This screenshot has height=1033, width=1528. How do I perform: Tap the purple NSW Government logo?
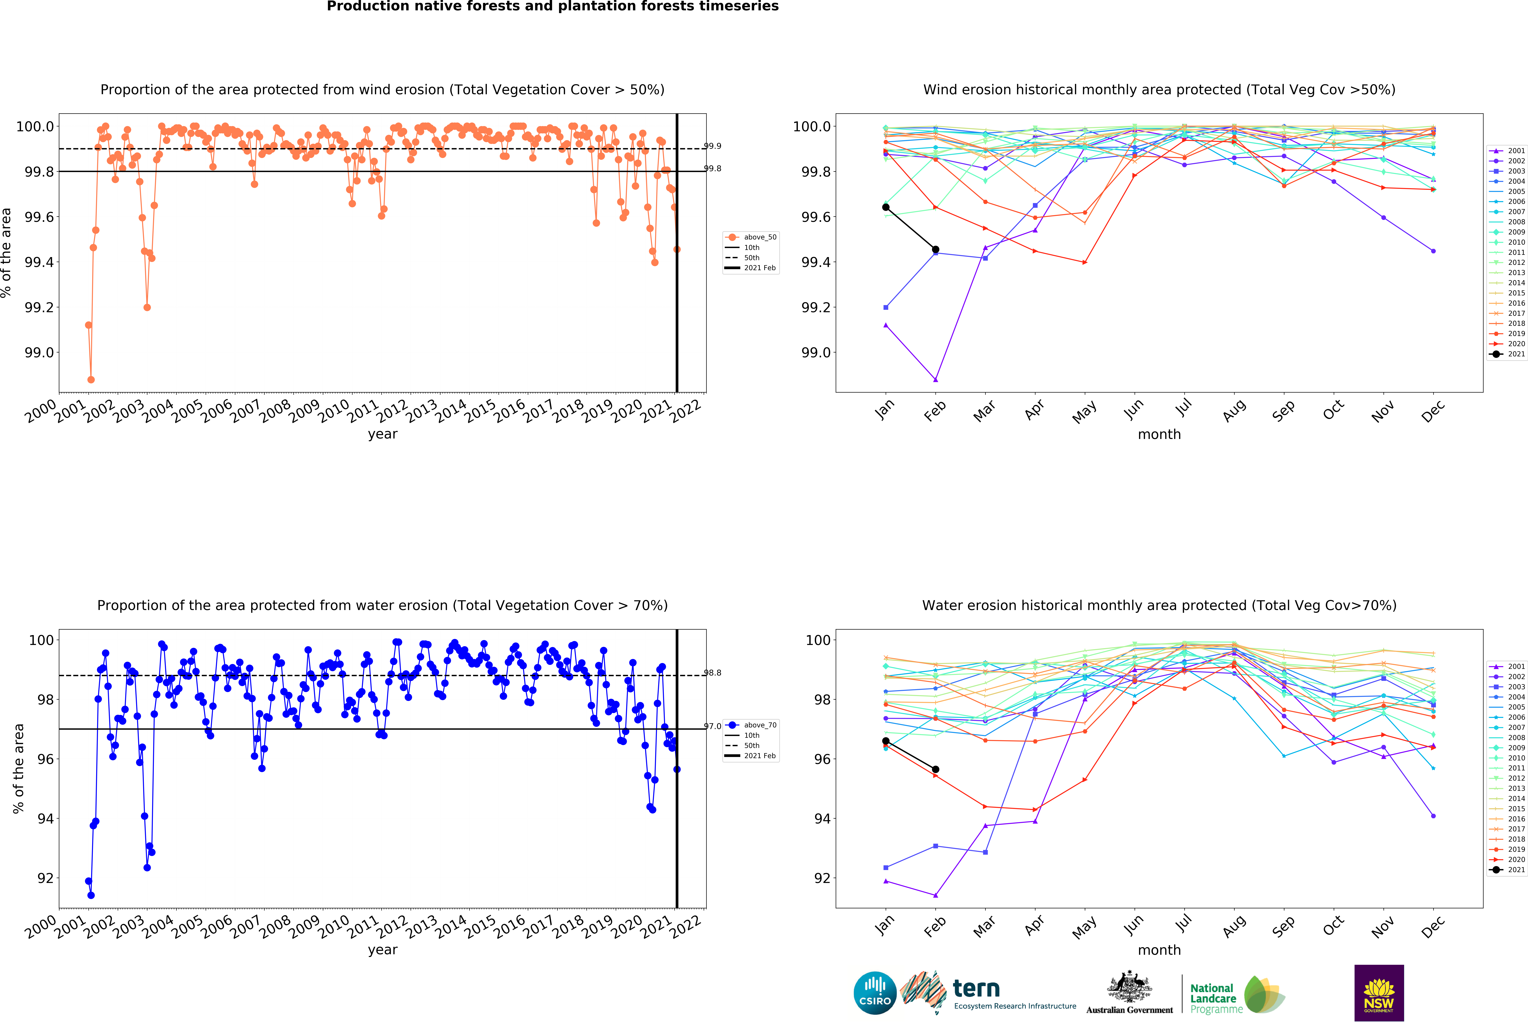1379,993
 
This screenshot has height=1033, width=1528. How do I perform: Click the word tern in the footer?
976,988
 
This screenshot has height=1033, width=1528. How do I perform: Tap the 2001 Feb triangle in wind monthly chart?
936,380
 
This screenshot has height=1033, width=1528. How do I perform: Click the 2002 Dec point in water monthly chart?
1433,816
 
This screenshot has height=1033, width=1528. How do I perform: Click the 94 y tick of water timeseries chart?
45,819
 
